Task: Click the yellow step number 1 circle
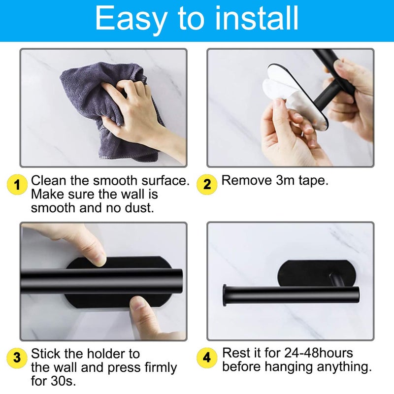17,185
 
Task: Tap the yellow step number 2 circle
207,184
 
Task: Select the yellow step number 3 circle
17,358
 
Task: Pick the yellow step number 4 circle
207,357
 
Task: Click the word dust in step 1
139,207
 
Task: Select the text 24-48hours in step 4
319,353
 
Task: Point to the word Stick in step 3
45,353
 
